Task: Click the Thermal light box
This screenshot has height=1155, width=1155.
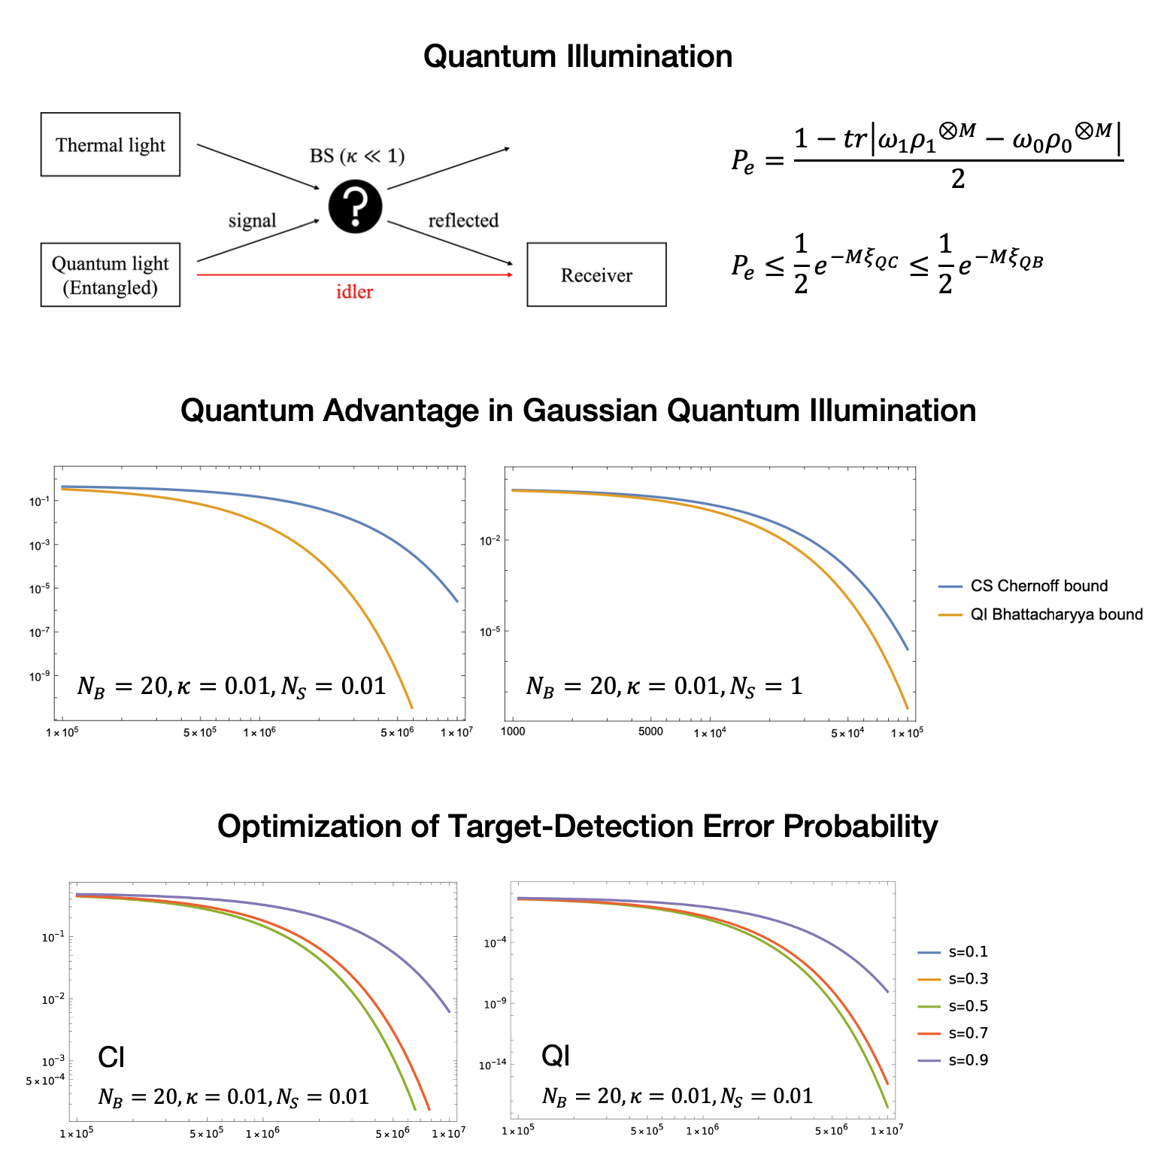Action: coord(111,144)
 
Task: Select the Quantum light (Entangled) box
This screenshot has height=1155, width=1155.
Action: coord(111,274)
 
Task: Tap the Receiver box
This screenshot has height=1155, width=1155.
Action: coord(596,274)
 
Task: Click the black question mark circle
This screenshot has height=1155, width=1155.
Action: coord(355,207)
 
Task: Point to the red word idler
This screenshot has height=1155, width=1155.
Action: coord(354,292)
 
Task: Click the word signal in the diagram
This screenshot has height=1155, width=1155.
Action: coord(252,220)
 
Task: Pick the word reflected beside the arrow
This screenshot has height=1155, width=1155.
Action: coord(463,220)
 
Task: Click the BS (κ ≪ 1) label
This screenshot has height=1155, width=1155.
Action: coord(357,156)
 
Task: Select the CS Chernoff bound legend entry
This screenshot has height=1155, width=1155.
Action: coord(1023,586)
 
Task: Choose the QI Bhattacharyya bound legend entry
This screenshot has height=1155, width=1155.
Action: coord(1041,614)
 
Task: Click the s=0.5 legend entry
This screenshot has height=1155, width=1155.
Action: coord(953,1006)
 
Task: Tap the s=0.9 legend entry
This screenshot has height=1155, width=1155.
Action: coord(953,1060)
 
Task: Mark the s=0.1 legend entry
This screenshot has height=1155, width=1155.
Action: coord(953,952)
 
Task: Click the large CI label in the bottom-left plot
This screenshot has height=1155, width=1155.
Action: coord(111,1057)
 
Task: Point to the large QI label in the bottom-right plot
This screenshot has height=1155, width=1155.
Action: coord(556,1056)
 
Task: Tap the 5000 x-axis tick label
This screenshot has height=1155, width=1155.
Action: coord(650,732)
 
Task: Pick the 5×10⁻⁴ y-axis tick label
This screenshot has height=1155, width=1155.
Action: coord(45,1081)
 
